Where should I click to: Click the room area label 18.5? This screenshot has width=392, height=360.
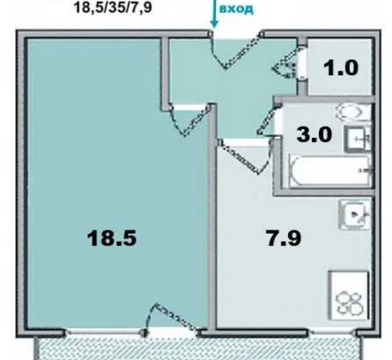coord(112,238)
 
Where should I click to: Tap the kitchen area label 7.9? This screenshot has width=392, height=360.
coord(284,238)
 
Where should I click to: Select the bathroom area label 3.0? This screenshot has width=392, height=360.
coord(314,135)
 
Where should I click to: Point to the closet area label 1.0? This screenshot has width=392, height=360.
coord(341,67)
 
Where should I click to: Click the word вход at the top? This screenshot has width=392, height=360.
coord(236,9)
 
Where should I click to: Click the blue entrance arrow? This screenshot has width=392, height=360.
coord(214,14)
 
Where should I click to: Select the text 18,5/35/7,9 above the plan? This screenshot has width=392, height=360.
coord(113,7)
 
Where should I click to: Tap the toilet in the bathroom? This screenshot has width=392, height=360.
coord(353,112)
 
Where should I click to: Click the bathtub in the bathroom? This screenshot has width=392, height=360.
coord(330,171)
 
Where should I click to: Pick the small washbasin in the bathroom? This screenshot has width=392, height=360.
coord(357,139)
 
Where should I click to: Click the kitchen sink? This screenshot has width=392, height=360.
coord(355,215)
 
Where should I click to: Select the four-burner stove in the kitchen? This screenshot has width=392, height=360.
coord(348,295)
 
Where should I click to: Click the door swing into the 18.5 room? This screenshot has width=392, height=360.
coord(190,120)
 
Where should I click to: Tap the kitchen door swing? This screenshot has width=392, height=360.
coord(245,156)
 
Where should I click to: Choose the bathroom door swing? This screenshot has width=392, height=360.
coord(268,120)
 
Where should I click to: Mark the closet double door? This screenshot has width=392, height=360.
coord(286,62)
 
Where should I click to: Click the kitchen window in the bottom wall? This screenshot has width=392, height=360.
coord(332,332)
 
